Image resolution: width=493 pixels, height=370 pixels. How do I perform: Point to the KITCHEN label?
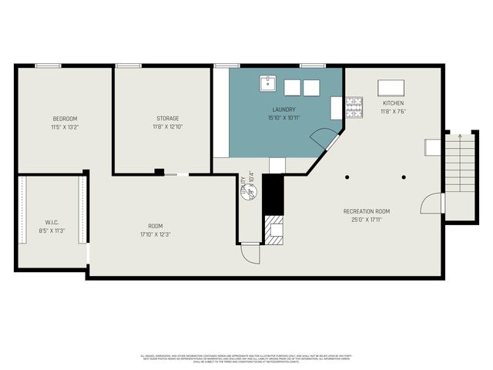[393, 103]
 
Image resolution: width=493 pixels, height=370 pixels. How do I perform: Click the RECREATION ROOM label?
[367, 210]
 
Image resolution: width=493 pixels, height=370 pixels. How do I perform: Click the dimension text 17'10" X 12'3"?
[156, 234]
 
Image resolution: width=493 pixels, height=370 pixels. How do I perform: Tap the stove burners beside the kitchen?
[354, 109]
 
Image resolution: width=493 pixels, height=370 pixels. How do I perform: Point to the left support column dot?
[347, 177]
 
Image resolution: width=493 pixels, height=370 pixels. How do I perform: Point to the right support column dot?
[403, 177]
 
